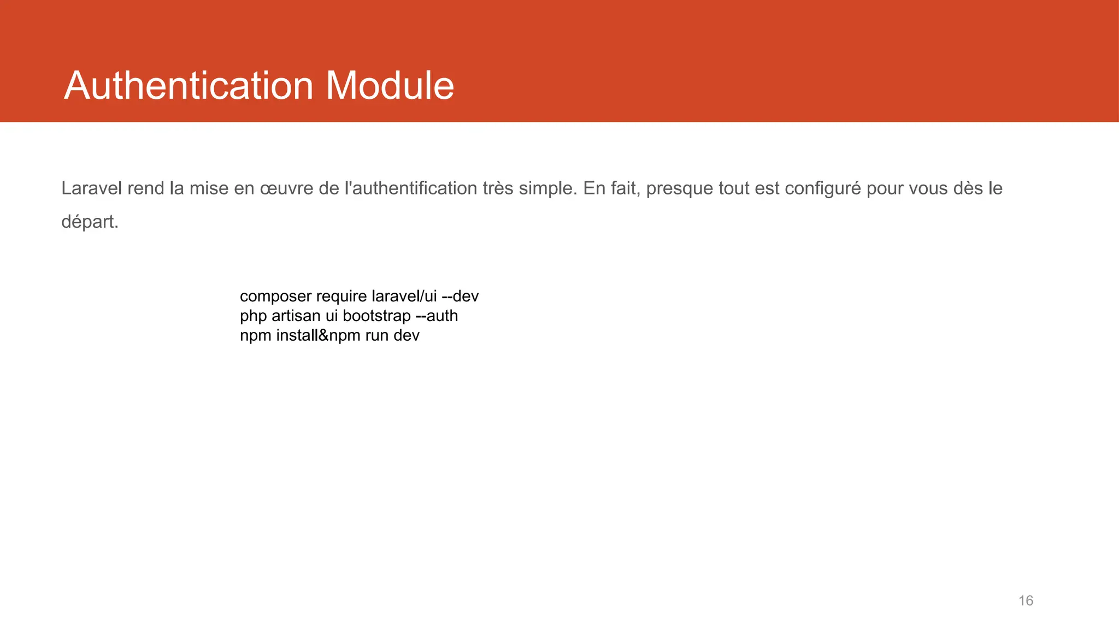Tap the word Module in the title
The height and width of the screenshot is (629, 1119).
tap(390, 86)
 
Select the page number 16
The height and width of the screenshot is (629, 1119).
tap(1026, 601)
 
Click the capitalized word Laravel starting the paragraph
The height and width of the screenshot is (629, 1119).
tap(92, 188)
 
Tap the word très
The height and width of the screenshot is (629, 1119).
tap(498, 188)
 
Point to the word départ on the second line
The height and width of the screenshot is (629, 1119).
tap(88, 222)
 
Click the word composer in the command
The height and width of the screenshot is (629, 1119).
tap(275, 296)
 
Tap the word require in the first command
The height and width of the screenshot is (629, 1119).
tap(341, 296)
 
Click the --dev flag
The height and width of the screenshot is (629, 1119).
tap(460, 296)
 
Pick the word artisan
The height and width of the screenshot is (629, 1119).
tap(296, 316)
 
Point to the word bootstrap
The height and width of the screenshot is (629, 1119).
tap(376, 316)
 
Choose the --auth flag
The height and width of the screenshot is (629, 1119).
tap(437, 316)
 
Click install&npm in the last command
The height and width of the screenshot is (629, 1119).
tap(318, 335)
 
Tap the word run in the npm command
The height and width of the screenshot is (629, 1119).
tap(376, 335)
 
